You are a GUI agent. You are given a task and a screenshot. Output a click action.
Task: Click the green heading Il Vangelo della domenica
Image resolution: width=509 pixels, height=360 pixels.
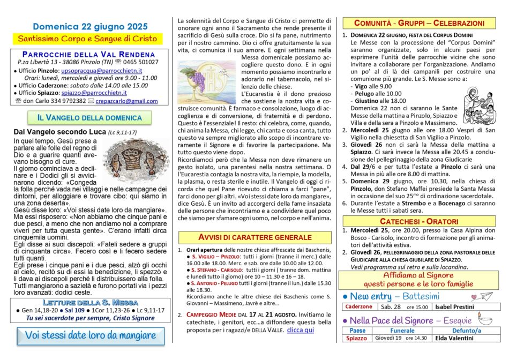click(x=89, y=118)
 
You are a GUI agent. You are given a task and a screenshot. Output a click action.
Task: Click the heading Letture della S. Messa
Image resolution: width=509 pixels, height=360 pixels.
click(x=89, y=302)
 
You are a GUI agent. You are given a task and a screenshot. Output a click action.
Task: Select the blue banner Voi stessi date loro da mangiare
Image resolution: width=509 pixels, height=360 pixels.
click(x=90, y=336)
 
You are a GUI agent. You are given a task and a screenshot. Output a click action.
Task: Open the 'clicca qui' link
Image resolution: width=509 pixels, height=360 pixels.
click(x=301, y=330)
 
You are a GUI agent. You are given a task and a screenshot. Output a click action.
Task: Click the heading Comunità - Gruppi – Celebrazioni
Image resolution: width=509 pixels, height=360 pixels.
click(x=420, y=23)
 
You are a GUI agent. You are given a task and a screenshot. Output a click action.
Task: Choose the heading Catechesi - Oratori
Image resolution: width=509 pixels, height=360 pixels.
click(x=420, y=221)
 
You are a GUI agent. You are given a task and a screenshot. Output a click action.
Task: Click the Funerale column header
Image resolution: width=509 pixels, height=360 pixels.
click(x=402, y=331)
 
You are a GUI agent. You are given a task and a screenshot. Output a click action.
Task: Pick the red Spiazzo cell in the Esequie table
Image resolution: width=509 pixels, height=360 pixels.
click(x=357, y=339)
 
